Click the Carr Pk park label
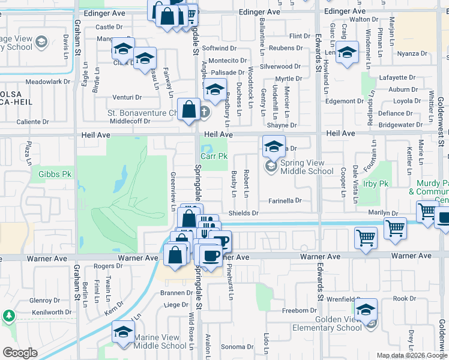click(x=214, y=156)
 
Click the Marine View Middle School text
click(x=160, y=341)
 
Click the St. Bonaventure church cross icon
click(x=204, y=112)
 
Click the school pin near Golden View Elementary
click(x=365, y=310)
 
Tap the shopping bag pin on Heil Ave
click(x=189, y=110)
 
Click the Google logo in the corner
click(x=20, y=353)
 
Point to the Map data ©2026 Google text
click(x=411, y=355)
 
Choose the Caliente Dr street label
click(x=32, y=122)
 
